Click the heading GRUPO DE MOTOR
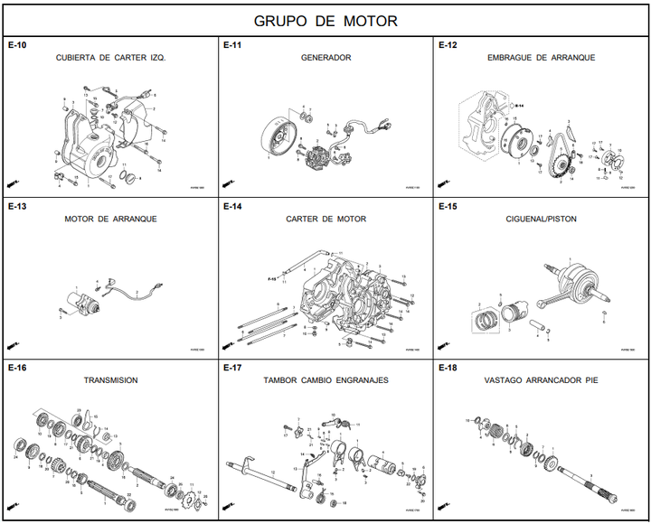tap(325, 21)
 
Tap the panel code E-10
tap(17, 45)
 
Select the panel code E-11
tap(232, 45)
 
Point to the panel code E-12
tap(448, 45)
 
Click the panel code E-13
tap(17, 206)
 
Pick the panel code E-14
tap(232, 206)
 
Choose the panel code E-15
tap(448, 206)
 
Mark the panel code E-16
tap(17, 368)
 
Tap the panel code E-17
tap(232, 368)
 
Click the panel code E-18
tap(448, 368)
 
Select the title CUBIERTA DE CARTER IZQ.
tap(110, 58)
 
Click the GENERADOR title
tap(325, 58)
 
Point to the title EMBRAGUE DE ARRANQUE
tap(541, 58)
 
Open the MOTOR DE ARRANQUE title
tap(110, 219)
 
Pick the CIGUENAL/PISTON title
tap(541, 219)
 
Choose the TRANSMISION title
tap(110, 380)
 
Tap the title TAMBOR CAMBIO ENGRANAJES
tap(325, 380)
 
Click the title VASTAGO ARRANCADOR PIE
tap(541, 380)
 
